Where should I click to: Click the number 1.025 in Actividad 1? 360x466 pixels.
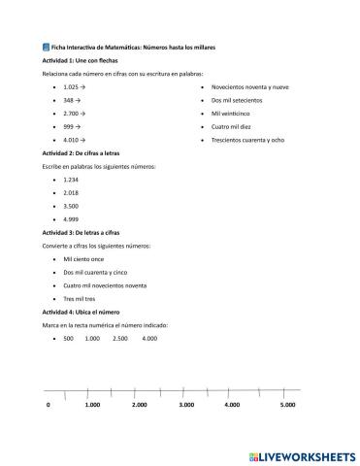click(x=70, y=86)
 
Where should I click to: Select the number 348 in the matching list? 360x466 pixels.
click(x=67, y=100)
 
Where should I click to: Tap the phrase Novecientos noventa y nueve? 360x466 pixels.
click(x=249, y=86)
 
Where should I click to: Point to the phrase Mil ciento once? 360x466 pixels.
click(x=82, y=260)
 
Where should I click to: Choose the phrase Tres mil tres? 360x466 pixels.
click(x=80, y=300)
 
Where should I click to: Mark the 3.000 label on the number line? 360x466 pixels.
click(x=186, y=404)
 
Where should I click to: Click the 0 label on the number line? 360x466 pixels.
click(x=48, y=404)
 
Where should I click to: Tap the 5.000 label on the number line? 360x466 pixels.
click(x=287, y=404)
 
